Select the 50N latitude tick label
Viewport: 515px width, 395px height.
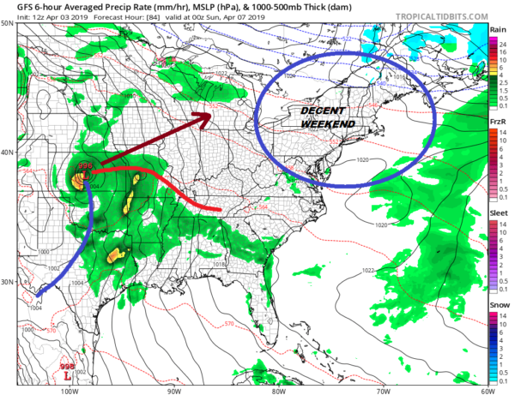[x=7, y=23]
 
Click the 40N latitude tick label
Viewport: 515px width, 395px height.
[x=7, y=153]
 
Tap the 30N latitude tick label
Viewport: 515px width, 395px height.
[x=7, y=282]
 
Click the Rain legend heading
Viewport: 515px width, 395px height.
[x=497, y=29]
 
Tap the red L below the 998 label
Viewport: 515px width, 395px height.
[x=68, y=374]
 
